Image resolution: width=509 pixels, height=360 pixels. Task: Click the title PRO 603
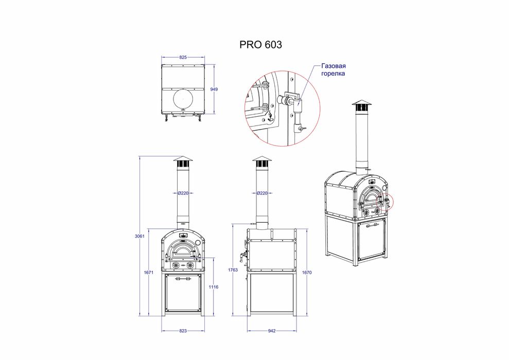tap(260, 45)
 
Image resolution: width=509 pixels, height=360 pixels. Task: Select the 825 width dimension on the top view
tap(183, 58)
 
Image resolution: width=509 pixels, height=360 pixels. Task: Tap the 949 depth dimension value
tap(215, 89)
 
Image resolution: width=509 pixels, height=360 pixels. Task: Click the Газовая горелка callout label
tap(333, 70)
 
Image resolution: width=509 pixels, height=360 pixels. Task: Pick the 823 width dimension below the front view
tap(183, 331)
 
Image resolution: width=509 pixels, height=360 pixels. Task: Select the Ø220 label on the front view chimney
tap(183, 193)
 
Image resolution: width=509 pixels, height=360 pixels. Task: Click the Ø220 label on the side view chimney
tap(261, 193)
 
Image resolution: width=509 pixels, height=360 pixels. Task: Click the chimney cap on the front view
tap(183, 160)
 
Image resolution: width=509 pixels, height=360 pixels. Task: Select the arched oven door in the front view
tap(183, 251)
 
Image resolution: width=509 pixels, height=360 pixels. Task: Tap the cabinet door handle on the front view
tap(183, 279)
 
